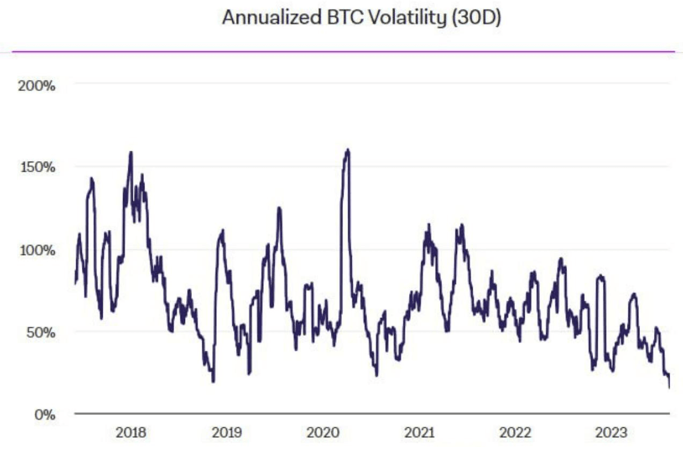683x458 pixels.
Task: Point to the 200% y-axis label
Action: tap(37, 86)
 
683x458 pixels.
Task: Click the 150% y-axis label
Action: tap(37, 167)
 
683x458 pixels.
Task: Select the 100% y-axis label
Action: tap(37, 250)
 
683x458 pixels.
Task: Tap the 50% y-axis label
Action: tap(41, 332)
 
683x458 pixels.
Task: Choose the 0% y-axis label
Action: tap(44, 414)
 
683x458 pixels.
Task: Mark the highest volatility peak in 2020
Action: tap(347, 149)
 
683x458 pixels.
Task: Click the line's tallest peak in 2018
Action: tap(131, 152)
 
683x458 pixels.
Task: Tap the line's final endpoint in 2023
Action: tap(669, 387)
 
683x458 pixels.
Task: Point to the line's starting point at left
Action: tap(75, 283)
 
